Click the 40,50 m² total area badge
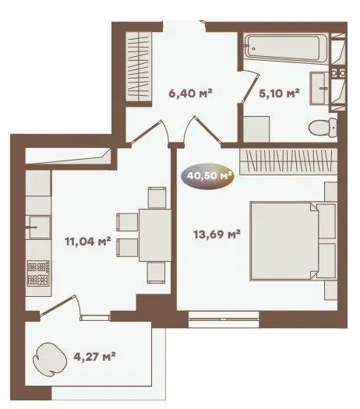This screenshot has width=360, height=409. click(207, 177)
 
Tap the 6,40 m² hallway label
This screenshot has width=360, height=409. click(190, 93)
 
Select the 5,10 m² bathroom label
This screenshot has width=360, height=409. click(279, 93)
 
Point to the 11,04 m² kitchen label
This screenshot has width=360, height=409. click(88, 242)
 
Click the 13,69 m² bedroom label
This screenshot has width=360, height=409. click(217, 234)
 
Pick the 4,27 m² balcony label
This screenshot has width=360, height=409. click(94, 357)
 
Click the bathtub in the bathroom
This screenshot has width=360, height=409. click(286, 48)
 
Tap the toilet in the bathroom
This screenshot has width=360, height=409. click(323, 127)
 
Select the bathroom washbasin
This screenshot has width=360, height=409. click(319, 89)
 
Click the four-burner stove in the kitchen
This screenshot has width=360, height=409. click(38, 273)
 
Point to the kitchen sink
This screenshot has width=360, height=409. click(39, 227)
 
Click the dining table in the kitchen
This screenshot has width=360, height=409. click(155, 235)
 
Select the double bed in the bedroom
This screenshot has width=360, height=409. click(293, 241)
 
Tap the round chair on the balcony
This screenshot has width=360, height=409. click(50, 359)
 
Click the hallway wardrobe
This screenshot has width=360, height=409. click(139, 67)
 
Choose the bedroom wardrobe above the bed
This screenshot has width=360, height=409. click(288, 161)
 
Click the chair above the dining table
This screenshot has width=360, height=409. click(157, 197)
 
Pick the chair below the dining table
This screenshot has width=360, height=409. click(156, 273)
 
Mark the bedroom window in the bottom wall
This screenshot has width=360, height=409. click(224, 319)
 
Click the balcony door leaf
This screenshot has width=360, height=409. click(58, 305)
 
